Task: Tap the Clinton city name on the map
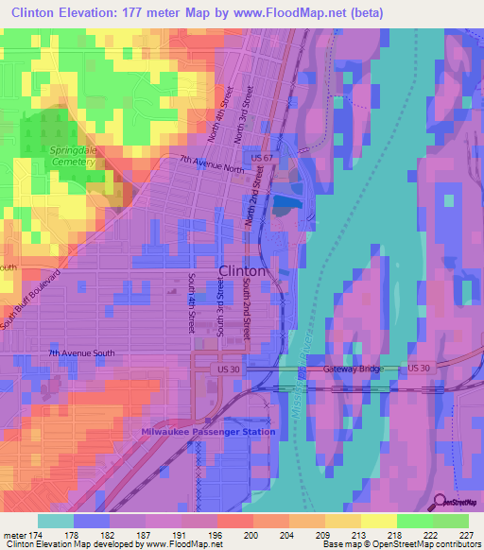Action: coord(242,270)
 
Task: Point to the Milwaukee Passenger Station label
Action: coord(209,432)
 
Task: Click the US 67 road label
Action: coord(261,156)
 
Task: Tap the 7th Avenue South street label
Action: coord(82,353)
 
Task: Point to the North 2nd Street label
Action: coord(251,198)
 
